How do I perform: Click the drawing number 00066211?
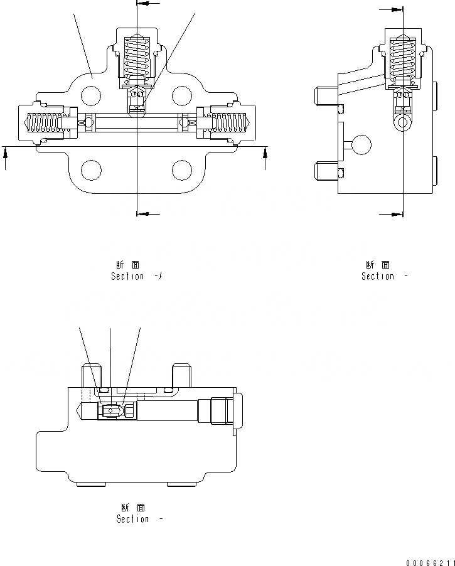(x=428, y=562)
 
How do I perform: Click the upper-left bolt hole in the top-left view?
(x=92, y=95)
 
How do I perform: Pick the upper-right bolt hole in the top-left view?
(x=181, y=95)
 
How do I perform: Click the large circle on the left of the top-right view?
(x=361, y=145)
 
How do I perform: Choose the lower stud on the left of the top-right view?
(x=325, y=169)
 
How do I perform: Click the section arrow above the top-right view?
(x=393, y=9)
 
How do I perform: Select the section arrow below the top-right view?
(x=392, y=213)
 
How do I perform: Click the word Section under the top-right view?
(x=378, y=276)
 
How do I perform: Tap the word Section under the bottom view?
(x=132, y=519)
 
